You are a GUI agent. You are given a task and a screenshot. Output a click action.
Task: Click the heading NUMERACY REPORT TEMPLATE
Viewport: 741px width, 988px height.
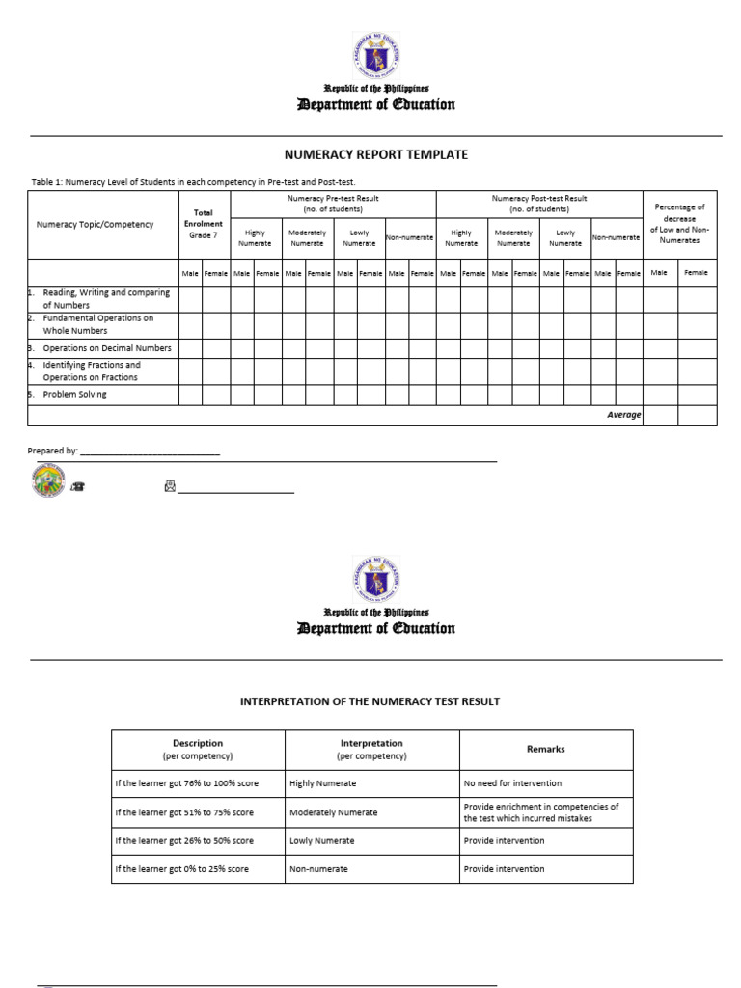point(375,154)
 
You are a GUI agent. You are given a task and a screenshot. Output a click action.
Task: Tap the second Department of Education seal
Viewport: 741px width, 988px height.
point(376,581)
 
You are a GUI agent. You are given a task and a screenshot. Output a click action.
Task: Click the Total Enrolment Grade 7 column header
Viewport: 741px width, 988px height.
point(204,224)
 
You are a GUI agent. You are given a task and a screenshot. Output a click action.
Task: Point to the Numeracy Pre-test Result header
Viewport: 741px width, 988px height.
point(333,204)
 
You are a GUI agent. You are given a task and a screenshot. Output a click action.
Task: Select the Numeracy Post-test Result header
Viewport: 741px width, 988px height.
point(539,204)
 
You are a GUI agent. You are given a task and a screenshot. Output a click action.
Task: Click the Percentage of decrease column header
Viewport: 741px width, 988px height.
point(679,224)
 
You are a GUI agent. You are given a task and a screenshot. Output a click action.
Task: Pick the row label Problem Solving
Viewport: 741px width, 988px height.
point(75,395)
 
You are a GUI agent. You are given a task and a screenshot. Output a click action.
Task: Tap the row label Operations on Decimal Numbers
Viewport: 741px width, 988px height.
point(107,348)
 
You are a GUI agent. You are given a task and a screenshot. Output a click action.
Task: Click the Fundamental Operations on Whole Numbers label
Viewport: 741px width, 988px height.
point(97,324)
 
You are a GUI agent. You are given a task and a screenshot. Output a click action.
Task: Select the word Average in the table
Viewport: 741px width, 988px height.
point(623,415)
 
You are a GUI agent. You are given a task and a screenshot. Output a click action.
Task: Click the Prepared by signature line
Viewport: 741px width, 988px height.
point(150,451)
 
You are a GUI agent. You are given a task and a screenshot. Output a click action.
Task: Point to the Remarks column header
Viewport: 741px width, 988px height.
point(545,749)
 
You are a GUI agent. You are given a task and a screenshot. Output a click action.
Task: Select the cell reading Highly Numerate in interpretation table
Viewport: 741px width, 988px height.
point(323,783)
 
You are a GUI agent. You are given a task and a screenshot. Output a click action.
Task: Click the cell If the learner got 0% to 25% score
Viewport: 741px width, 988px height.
point(181,869)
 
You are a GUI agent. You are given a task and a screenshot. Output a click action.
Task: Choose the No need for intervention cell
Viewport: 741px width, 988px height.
point(512,783)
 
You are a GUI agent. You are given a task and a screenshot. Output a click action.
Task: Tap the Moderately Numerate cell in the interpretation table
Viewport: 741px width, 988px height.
point(334,812)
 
